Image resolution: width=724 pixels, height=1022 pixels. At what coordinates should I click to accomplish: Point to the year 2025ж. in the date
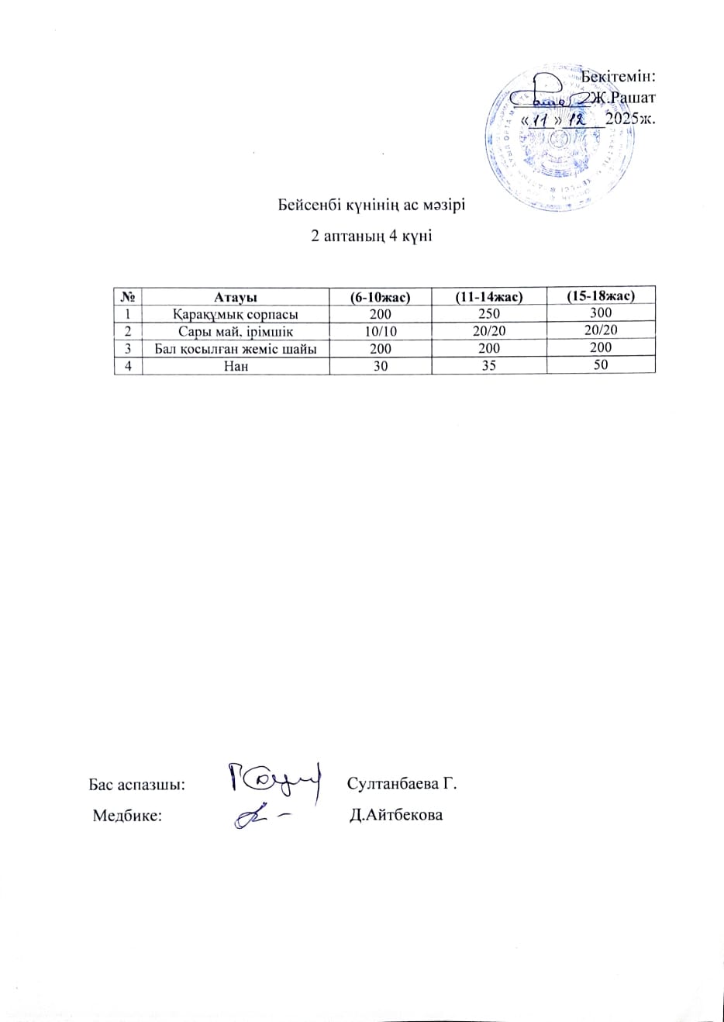(x=630, y=119)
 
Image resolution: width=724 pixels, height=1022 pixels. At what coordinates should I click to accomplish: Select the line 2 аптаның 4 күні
(x=371, y=236)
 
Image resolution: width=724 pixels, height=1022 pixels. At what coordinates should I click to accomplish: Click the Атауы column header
(x=236, y=296)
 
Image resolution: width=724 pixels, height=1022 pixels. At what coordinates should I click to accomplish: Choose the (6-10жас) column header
(x=380, y=296)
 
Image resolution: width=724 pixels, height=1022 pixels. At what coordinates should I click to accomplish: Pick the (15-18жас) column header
(x=601, y=295)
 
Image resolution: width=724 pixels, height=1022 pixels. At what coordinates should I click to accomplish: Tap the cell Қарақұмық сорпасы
(x=236, y=314)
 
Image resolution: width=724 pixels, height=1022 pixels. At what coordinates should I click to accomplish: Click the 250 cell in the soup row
(x=489, y=314)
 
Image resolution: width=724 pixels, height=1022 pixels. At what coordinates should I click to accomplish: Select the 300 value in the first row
(x=601, y=312)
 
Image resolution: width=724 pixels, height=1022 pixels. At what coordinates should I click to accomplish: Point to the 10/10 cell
(x=380, y=331)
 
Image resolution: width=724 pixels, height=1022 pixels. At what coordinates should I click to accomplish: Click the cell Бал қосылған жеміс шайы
(x=236, y=349)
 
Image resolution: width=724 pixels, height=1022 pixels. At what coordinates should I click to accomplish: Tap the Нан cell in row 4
(x=236, y=366)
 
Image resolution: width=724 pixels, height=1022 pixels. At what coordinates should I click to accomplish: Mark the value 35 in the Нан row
(x=489, y=366)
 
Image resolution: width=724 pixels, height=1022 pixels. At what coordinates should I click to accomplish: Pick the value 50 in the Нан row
(x=601, y=364)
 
